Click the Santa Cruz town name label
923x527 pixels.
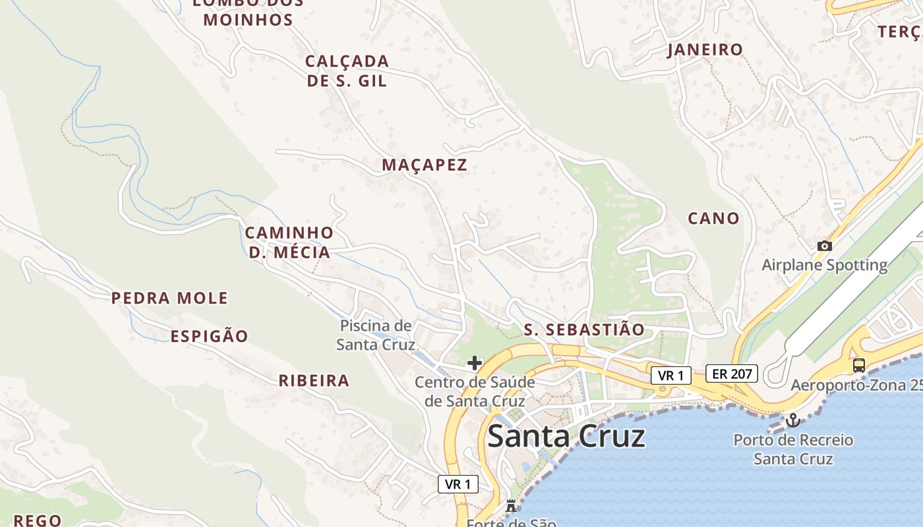pos(566,436)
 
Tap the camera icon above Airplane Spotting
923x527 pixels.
pos(824,246)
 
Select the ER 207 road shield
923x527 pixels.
pos(732,374)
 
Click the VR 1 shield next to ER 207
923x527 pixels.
pos(671,375)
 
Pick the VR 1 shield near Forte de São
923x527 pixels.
pos(458,484)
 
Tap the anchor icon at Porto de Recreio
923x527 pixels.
pos(793,420)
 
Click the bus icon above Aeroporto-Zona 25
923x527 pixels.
pos(858,366)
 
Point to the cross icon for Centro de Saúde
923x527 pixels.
pos(474,363)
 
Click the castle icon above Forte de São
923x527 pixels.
pos(510,506)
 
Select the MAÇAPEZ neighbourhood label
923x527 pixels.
pos(425,165)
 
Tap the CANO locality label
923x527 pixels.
pos(713,218)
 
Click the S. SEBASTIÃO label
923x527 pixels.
pos(584,330)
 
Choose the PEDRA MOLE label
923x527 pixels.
pos(169,298)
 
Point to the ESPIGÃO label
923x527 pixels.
pos(209,337)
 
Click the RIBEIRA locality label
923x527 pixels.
pos(314,381)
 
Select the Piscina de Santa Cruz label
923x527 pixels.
pos(376,335)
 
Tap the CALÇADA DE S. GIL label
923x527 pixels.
pos(347,70)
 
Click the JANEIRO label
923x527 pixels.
pos(705,49)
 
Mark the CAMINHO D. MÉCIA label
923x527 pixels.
pos(289,242)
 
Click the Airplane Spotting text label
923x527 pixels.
pos(824,265)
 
